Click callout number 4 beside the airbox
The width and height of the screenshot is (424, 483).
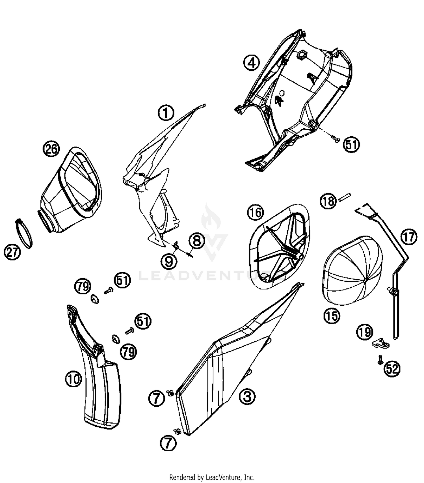(252, 63)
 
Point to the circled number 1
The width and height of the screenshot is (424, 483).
(166, 113)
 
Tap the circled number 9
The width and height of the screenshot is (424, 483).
(169, 261)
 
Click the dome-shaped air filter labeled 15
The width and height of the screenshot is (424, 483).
(352, 270)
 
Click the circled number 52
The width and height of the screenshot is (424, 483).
(392, 369)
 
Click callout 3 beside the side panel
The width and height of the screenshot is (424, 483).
(247, 396)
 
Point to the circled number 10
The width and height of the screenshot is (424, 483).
(74, 379)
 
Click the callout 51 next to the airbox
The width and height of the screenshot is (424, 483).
(351, 145)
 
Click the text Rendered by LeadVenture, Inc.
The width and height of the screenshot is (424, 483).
(212, 477)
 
